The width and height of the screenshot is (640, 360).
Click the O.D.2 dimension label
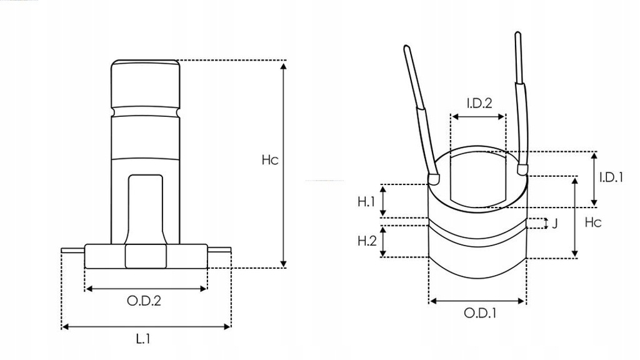pyautogui.click(x=144, y=301)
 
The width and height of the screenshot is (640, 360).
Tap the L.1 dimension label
pyautogui.click(x=143, y=339)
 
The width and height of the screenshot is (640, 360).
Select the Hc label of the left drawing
pyautogui.click(x=269, y=160)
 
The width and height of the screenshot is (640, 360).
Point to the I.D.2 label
pyautogui.click(x=479, y=102)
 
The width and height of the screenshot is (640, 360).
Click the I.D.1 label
pyautogui.click(x=611, y=177)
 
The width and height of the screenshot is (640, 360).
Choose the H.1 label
pyautogui.click(x=366, y=201)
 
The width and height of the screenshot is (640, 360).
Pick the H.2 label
pyautogui.click(x=366, y=240)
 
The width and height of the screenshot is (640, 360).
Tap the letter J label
pyautogui.click(x=554, y=223)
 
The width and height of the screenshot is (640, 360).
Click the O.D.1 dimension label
pyautogui.click(x=479, y=313)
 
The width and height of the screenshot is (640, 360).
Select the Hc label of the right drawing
pyautogui.click(x=592, y=222)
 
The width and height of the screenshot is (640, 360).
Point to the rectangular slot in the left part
pyautogui.click(x=144, y=206)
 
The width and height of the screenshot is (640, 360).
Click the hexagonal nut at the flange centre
pyautogui.click(x=145, y=256)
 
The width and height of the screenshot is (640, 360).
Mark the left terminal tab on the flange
pyautogui.click(x=73, y=251)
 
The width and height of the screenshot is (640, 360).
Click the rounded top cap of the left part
pyautogui.click(x=144, y=84)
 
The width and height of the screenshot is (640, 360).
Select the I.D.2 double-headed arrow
pyautogui.click(x=478, y=117)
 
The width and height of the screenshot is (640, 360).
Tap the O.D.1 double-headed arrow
pyautogui.click(x=477, y=301)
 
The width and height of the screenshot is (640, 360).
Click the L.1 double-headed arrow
pyautogui.click(x=146, y=326)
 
